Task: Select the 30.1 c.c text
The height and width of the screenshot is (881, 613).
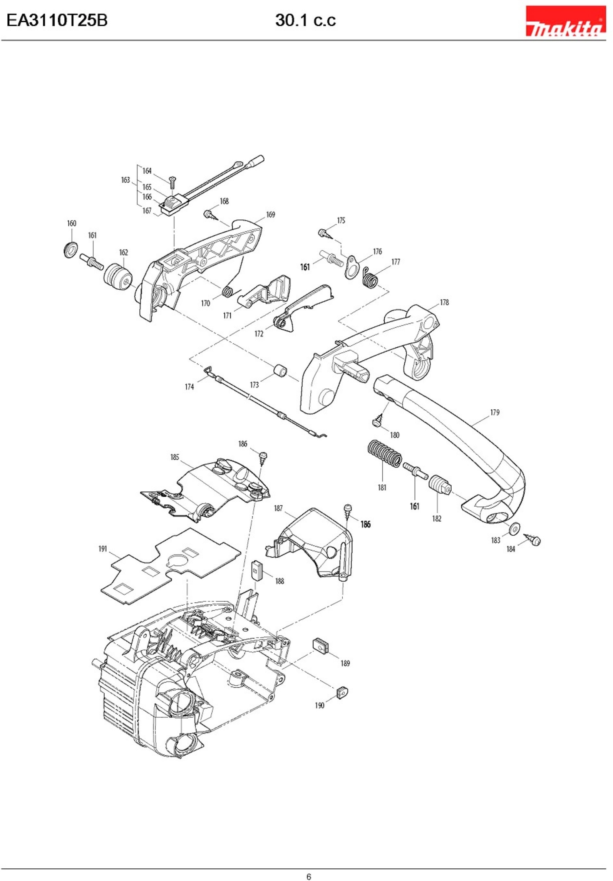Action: (305, 20)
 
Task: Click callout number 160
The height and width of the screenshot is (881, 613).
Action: (72, 223)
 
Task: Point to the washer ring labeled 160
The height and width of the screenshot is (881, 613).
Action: (70, 251)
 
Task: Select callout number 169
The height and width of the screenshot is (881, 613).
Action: (270, 214)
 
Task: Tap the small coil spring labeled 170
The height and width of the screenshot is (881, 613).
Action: (227, 292)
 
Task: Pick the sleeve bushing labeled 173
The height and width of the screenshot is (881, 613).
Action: (280, 372)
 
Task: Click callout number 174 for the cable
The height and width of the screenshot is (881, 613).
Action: (189, 387)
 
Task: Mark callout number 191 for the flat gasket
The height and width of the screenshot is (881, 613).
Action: (102, 549)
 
